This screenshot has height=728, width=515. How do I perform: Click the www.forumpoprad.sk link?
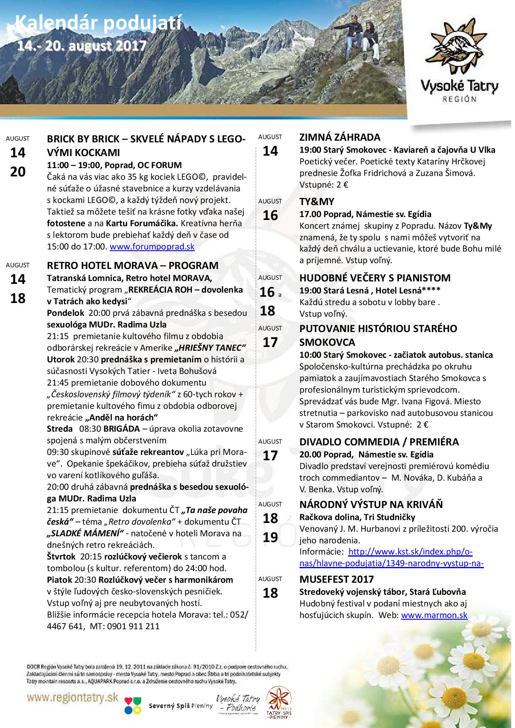(x=152, y=247)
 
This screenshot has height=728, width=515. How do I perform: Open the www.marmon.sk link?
(x=434, y=615)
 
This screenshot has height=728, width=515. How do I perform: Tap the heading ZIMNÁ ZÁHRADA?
(x=340, y=137)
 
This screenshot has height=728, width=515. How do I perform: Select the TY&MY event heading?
(x=316, y=202)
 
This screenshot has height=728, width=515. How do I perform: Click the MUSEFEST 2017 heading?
(x=336, y=579)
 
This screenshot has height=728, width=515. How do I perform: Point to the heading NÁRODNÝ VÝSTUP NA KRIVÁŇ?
(x=371, y=505)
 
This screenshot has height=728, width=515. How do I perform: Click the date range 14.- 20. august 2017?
(x=81, y=45)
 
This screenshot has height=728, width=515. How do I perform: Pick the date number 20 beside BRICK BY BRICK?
(x=18, y=172)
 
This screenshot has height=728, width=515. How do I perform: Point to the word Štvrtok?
(x=61, y=557)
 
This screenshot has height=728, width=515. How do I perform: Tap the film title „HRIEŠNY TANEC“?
(x=211, y=347)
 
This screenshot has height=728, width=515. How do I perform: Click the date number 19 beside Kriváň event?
(x=270, y=537)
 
